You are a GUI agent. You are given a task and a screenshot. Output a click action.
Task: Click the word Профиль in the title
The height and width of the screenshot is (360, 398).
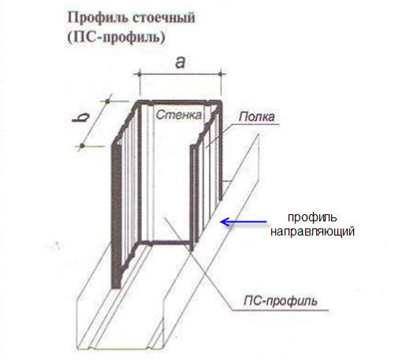click(x=98, y=18)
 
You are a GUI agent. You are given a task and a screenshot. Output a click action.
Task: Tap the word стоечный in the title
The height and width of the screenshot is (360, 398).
click(x=164, y=18)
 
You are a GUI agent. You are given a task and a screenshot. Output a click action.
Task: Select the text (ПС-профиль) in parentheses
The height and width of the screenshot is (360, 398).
click(x=116, y=37)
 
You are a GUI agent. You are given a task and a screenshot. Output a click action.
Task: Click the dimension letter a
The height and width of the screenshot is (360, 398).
click(x=180, y=63)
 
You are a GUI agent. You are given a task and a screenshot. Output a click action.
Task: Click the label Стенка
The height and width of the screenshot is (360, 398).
click(x=179, y=115)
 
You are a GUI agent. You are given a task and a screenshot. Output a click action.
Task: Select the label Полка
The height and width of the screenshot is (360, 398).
click(x=257, y=117)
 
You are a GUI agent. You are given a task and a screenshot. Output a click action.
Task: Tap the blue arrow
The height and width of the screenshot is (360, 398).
click(x=244, y=222)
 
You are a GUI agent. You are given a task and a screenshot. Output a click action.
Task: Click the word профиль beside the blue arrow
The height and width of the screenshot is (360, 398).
click(x=312, y=218)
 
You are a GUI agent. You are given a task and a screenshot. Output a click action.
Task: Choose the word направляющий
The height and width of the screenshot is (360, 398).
click(x=312, y=232)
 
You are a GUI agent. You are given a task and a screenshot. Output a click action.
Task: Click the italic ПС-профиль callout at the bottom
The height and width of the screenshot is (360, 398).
click(x=281, y=301)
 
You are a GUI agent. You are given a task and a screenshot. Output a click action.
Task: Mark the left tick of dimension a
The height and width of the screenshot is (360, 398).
click(x=139, y=74)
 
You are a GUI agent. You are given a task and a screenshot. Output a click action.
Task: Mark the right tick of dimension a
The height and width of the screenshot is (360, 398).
click(x=221, y=74)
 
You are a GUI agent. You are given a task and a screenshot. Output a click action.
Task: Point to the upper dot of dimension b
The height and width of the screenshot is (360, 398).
click(x=107, y=101)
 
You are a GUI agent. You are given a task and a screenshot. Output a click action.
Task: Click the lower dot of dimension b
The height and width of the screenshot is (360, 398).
click(x=82, y=146)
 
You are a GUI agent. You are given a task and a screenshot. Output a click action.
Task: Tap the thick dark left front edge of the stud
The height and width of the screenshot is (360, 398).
click(x=116, y=216)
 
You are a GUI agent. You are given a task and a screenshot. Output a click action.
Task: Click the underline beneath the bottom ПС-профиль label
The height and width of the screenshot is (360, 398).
click(x=280, y=310)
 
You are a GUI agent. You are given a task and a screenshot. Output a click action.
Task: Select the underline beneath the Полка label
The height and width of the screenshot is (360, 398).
click(x=255, y=124)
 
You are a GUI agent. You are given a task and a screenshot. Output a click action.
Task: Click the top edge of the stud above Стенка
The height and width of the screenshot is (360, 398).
click(x=180, y=102)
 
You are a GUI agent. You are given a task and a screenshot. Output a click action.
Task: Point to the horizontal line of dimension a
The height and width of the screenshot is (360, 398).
click(x=180, y=74)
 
